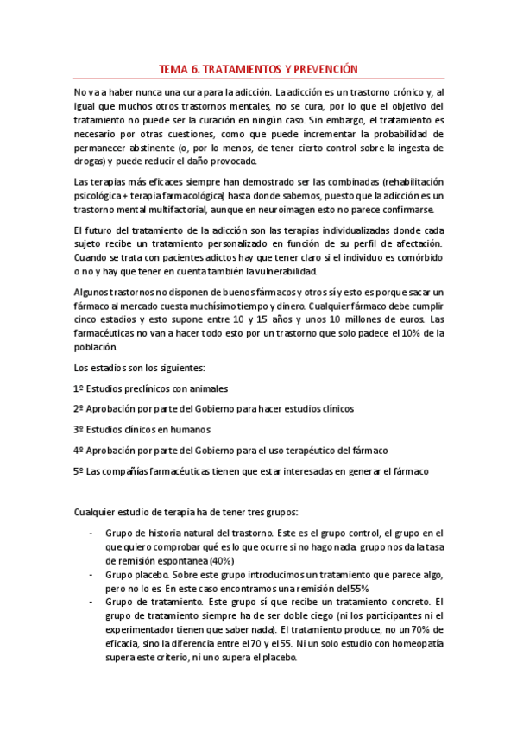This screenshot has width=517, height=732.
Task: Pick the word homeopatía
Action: coord(418,643)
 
